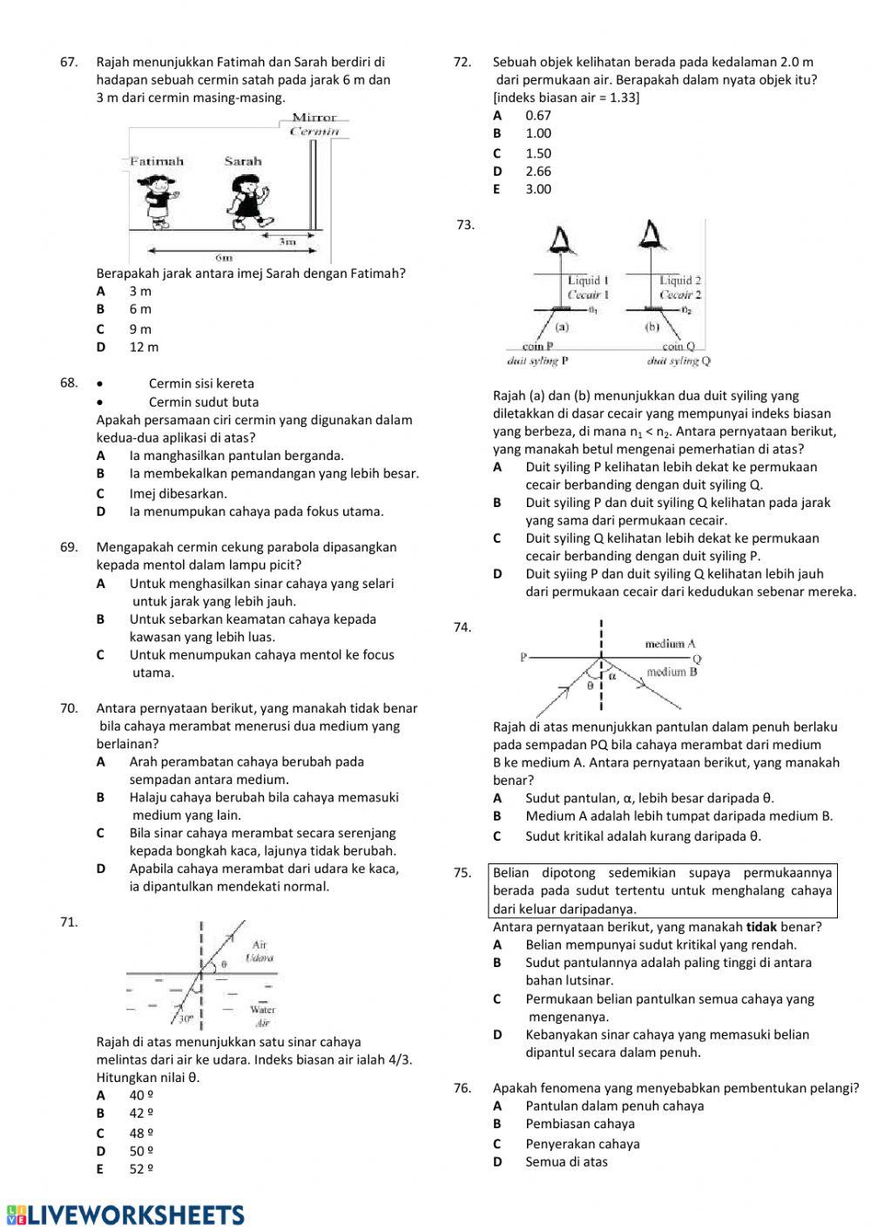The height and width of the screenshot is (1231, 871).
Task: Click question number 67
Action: coord(68,62)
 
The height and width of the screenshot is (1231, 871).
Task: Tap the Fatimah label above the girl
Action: coord(157,161)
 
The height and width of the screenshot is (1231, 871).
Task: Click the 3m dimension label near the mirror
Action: coord(287,240)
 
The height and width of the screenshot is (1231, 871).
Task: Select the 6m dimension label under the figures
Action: coord(224,258)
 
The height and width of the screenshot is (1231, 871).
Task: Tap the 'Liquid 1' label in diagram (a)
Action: coord(588,281)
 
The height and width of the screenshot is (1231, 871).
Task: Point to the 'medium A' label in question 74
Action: coord(670,644)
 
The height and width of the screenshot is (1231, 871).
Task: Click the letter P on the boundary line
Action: coord(523,657)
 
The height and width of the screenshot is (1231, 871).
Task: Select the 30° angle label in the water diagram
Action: coord(186,1017)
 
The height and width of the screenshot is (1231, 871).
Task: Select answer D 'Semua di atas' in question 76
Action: coord(566,1161)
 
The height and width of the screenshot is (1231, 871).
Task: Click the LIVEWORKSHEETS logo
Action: coord(125,1215)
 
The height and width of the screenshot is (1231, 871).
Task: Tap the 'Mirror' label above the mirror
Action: coord(314,118)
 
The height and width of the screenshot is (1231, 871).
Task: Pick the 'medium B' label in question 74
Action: coord(672,672)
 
